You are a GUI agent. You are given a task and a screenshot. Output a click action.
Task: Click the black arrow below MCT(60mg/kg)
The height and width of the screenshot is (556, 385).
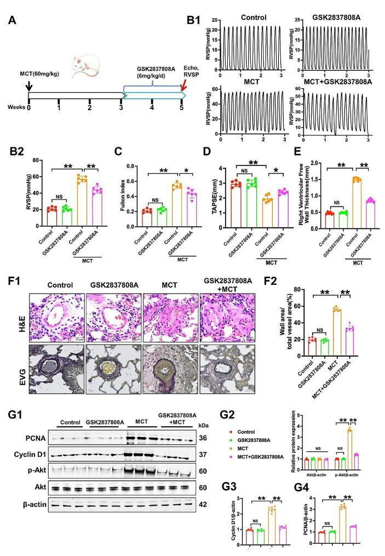[x=29, y=87]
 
